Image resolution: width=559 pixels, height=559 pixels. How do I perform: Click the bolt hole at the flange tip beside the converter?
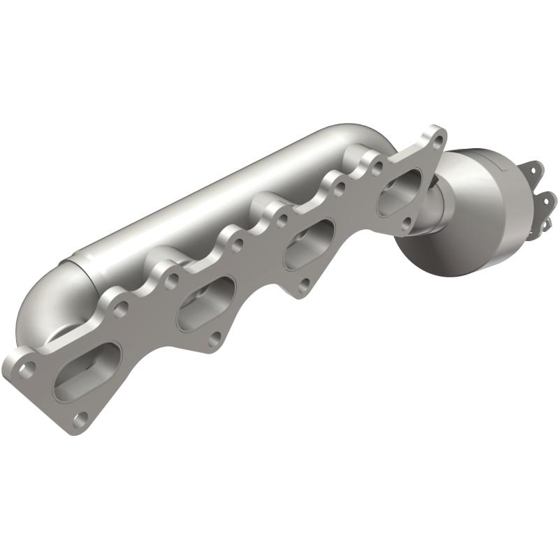pos(437,138)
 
